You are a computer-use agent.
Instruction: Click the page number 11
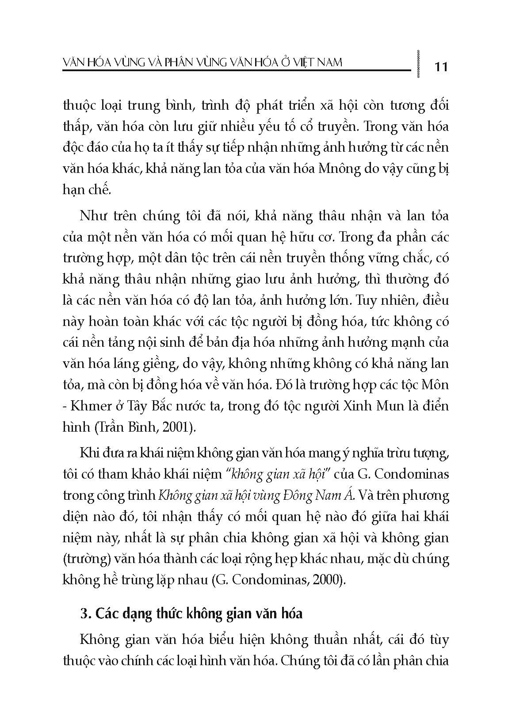(441, 67)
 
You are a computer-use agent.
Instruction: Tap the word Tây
(129, 406)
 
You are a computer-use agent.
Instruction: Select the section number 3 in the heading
(84, 614)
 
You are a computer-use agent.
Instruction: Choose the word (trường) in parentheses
(86, 559)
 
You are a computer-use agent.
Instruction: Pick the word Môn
(436, 384)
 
